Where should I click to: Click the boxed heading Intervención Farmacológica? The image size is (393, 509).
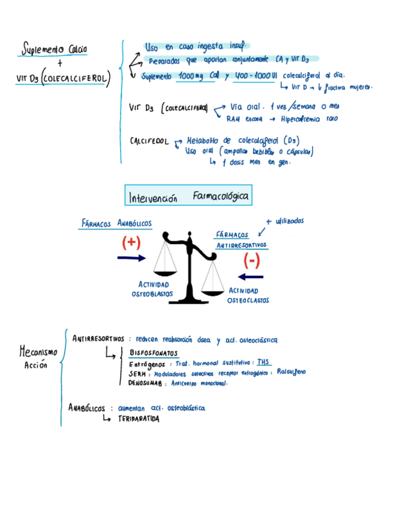point(187,196)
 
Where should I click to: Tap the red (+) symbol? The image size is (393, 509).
point(131,242)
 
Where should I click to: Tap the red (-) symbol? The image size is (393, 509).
point(251,261)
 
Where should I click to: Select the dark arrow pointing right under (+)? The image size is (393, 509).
point(131,258)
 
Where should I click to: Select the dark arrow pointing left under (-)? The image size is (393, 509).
point(250,277)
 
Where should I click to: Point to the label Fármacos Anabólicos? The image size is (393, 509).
point(116,224)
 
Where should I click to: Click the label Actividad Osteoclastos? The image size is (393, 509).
point(247,295)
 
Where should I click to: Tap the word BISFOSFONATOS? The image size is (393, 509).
point(153,353)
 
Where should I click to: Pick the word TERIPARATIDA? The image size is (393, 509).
point(139,419)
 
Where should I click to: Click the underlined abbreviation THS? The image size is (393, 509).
point(262,363)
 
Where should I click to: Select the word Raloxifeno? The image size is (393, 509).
point(291,372)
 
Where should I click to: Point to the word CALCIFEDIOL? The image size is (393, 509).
point(149,141)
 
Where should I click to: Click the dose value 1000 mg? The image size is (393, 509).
point(191,77)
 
